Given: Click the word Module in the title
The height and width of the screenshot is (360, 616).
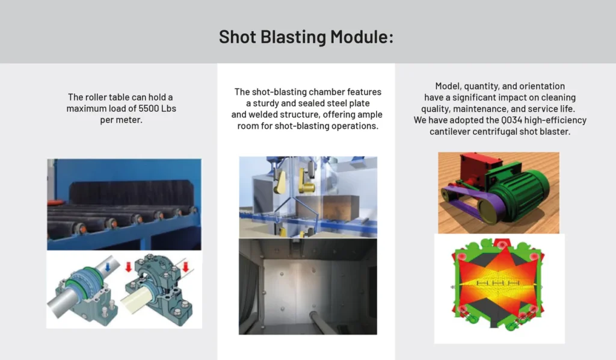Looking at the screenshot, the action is pyautogui.click(x=362, y=37).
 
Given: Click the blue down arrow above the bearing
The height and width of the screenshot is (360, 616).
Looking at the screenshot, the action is pyautogui.click(x=108, y=268).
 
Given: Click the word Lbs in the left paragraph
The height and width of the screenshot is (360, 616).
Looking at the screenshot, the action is pyautogui.click(x=168, y=108).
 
